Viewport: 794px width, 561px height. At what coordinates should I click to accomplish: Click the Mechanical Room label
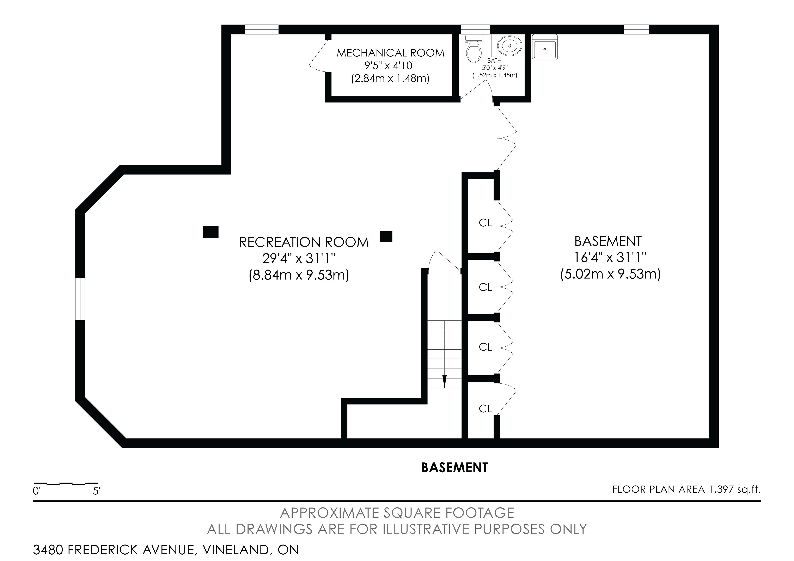pyautogui.click(x=390, y=53)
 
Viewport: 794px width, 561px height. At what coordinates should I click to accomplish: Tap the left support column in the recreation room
pyautogui.click(x=211, y=232)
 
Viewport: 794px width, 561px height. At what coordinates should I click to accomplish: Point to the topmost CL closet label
pyautogui.click(x=485, y=223)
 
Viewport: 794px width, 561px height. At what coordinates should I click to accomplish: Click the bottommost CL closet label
pyautogui.click(x=485, y=409)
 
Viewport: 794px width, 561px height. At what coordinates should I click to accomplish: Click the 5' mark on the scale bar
pyautogui.click(x=97, y=491)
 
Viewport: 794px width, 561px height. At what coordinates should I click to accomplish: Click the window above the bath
pyautogui.click(x=475, y=29)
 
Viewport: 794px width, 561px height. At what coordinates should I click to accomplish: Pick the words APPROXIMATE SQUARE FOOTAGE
pyautogui.click(x=397, y=513)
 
